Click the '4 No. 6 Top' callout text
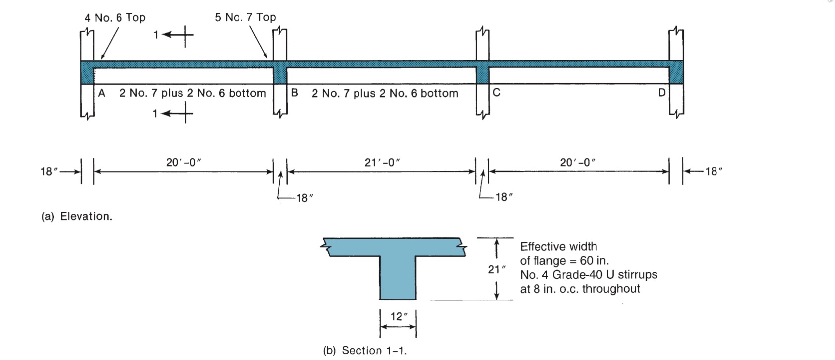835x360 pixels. coord(115,18)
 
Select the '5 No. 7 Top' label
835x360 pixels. coord(245,17)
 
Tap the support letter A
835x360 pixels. coord(102,93)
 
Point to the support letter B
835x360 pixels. coord(294,93)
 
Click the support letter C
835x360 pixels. coord(496,93)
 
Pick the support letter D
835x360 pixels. coord(661,93)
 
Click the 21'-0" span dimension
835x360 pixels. coord(382,162)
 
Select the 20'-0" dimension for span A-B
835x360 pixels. coord(183,162)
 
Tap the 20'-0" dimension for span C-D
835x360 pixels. coord(578,162)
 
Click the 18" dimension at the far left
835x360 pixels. coord(49,172)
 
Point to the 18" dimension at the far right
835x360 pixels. coord(714,172)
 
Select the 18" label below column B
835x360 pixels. coord(305,198)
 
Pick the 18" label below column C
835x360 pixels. coord(504,197)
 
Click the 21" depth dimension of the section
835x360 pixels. coord(496,269)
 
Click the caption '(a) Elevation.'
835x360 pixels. coord(77,216)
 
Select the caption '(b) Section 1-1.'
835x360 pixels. coord(364,351)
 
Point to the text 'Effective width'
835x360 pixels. coord(558,247)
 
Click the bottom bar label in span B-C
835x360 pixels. coord(385,93)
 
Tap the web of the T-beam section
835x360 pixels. coord(398,280)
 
